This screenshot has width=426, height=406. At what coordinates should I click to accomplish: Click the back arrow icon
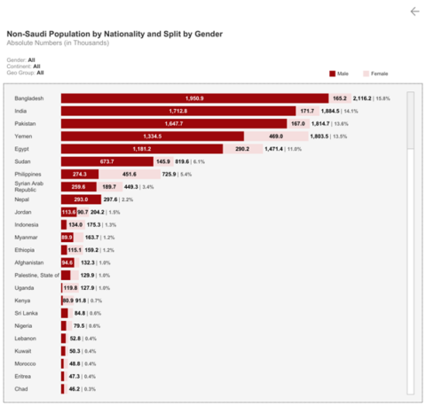(x=414, y=12)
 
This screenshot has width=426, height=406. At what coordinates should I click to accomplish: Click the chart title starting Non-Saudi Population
(x=114, y=34)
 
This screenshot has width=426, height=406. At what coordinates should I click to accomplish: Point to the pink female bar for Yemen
(x=275, y=137)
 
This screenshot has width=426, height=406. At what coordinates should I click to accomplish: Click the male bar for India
(x=177, y=111)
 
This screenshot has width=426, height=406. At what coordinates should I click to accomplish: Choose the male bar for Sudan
(x=107, y=161)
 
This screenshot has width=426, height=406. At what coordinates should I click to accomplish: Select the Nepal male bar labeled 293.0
(x=81, y=199)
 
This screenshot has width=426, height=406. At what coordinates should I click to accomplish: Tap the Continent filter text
(x=25, y=66)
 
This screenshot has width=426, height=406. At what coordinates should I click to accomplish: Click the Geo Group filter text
(x=27, y=73)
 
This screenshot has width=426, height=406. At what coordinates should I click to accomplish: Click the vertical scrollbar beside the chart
(x=410, y=239)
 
